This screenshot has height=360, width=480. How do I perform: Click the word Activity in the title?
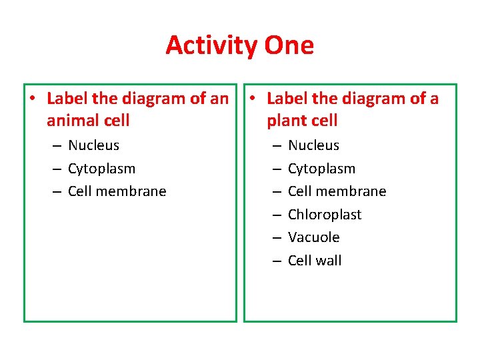click(212, 45)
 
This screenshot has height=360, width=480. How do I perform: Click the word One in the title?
click(289, 45)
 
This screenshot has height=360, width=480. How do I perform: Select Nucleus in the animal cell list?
click(93, 145)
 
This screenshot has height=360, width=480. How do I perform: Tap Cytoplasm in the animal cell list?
click(101, 169)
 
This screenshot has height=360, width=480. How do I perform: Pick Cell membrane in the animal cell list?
click(117, 191)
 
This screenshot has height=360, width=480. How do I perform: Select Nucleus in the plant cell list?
click(313, 145)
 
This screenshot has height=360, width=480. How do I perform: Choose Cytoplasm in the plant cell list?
click(321, 169)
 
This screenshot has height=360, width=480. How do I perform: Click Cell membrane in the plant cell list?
click(337, 191)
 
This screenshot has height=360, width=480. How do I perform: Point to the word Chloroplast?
click(325, 215)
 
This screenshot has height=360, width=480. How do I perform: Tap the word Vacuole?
click(313, 237)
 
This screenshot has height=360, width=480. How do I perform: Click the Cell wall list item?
click(315, 261)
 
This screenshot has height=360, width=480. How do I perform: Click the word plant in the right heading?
click(285, 121)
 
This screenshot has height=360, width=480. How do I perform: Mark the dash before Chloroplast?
click(276, 215)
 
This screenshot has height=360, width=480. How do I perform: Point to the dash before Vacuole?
click(276, 238)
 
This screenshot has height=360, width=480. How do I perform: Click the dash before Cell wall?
click(276, 261)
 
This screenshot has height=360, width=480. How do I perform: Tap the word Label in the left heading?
click(67, 99)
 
